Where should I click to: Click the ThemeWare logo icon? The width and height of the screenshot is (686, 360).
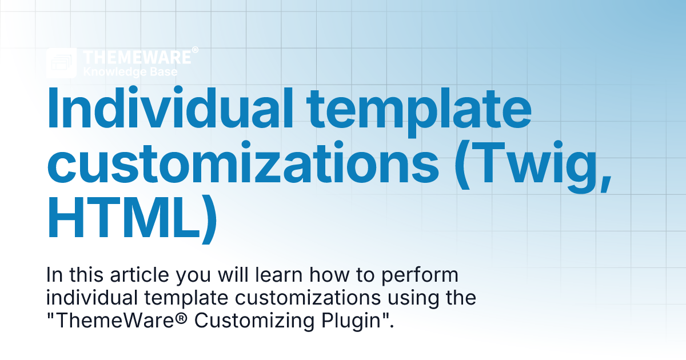click(x=62, y=63)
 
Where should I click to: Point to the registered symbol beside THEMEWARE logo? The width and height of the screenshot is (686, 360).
click(x=195, y=51)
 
